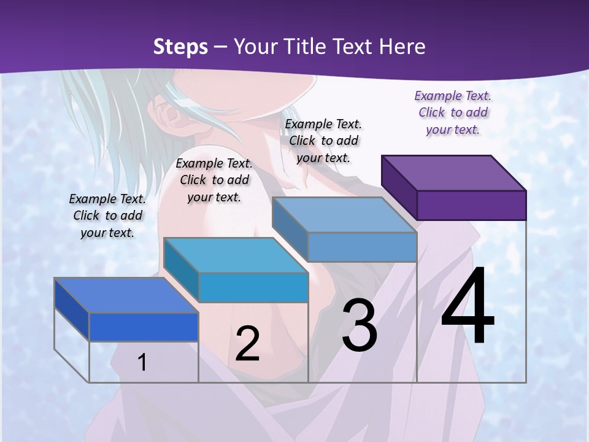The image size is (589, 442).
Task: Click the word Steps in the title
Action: [180, 47]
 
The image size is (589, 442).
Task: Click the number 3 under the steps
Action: [360, 325]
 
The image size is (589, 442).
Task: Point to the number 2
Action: [247, 343]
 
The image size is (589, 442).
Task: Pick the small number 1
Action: [142, 362]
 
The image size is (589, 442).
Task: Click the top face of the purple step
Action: [454, 173]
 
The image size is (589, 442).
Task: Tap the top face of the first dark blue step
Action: [126, 295]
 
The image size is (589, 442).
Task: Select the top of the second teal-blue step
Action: [236, 255]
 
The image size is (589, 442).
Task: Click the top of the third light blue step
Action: [344, 215]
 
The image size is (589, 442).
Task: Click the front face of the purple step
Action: [471, 205]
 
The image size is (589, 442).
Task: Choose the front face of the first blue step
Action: [144, 327]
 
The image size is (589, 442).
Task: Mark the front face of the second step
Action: [253, 287]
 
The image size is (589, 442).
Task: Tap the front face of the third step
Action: [362, 247]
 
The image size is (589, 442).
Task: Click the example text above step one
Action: [107, 215]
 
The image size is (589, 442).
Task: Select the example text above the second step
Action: [214, 180]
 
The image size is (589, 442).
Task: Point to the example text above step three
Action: [323, 141]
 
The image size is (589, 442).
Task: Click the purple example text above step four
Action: [453, 112]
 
